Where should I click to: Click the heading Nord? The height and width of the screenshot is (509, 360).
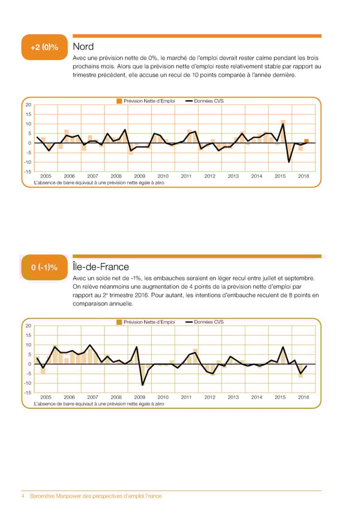click(83, 47)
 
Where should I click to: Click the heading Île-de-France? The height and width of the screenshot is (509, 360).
click(100, 267)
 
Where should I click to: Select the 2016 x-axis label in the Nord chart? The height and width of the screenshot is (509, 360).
click(303, 176)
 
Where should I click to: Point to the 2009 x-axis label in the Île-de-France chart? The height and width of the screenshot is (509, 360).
click(139, 397)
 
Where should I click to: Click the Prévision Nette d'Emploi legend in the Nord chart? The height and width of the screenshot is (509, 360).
click(146, 101)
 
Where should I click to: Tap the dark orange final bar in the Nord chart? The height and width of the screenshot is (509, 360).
click(307, 141)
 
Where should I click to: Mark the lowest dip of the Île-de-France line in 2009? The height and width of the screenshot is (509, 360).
click(143, 385)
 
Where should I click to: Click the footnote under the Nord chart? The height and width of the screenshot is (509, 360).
click(98, 183)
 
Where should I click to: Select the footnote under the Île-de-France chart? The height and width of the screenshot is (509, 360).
click(98, 404)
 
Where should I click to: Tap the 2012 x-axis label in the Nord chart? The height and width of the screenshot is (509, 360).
click(209, 176)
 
